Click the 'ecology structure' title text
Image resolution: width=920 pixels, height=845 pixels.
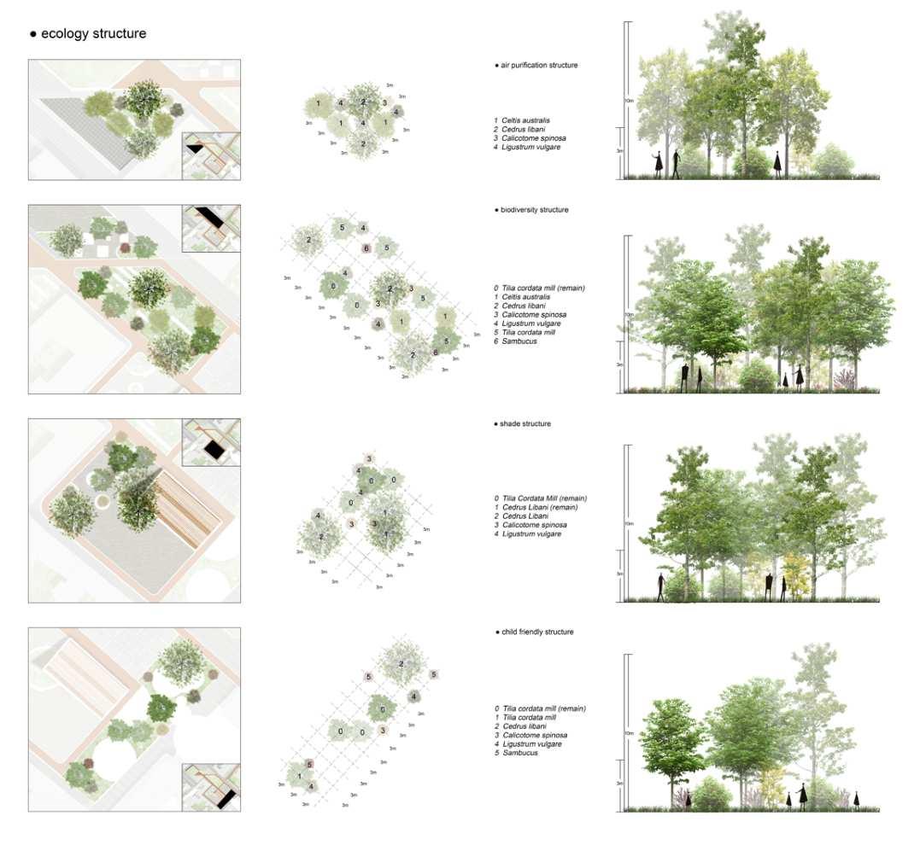93,34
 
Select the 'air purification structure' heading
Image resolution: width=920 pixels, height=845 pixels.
539,65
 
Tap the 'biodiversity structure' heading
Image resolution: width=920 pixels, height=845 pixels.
534,209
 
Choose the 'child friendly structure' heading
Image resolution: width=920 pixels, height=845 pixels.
537,632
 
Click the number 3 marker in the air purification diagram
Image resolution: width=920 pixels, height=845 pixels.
385,103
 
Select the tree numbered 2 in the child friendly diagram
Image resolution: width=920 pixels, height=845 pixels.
401,664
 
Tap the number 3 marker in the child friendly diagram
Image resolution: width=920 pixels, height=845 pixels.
383,731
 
